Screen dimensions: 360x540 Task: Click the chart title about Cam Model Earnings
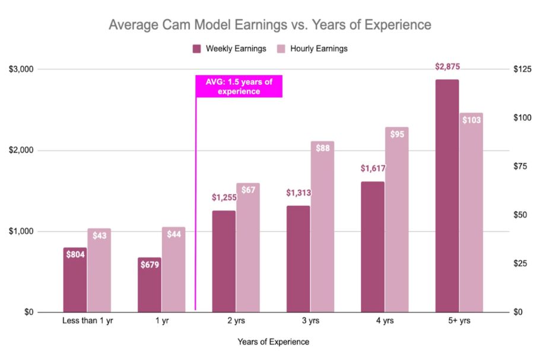pos(269,26)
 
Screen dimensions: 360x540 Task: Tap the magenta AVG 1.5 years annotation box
pos(239,87)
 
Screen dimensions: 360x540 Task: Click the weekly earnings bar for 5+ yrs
pos(447,196)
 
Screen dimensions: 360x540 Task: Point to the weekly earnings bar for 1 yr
pos(150,285)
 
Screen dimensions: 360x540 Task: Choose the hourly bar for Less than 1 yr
pos(100,270)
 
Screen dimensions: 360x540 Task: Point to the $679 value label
pos(150,265)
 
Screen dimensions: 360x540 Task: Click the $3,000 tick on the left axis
pos(21,69)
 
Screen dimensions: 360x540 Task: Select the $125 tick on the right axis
pos(522,69)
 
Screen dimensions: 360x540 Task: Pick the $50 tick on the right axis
pos(520,215)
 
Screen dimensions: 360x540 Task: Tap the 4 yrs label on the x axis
pos(385,321)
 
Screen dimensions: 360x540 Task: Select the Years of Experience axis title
pos(273,342)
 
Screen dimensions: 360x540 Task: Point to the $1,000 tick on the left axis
pos(21,231)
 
